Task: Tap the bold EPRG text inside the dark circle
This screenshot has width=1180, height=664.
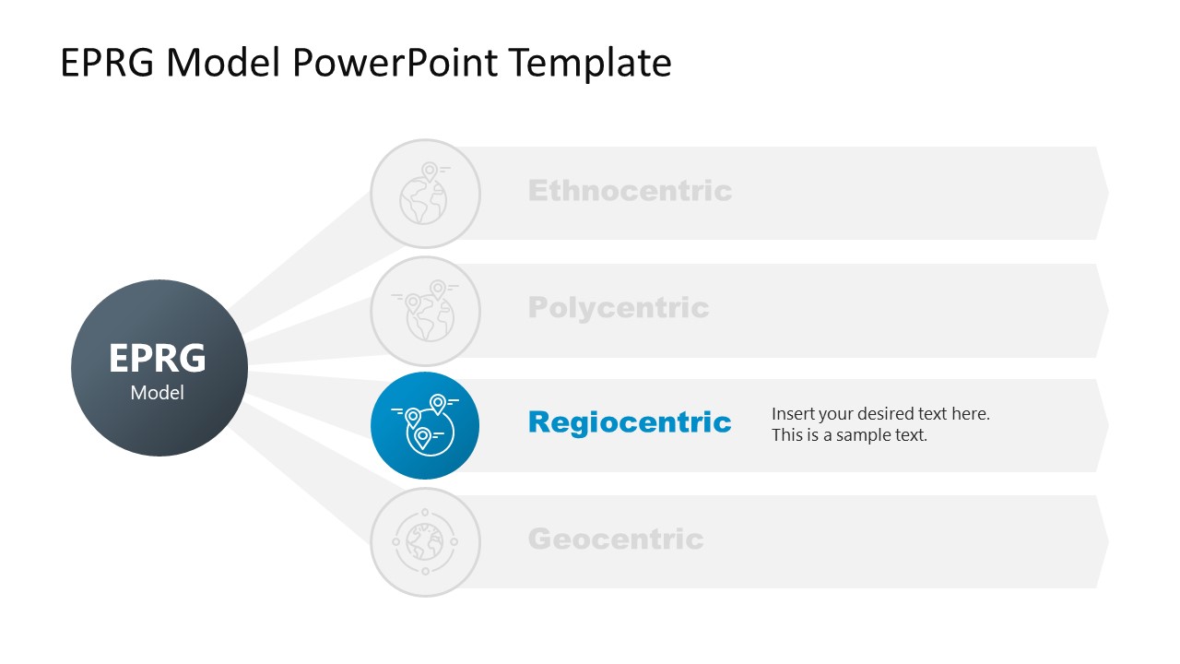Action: (158, 358)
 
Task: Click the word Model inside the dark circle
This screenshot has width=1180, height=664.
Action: (158, 393)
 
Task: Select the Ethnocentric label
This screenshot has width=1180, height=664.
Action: (630, 191)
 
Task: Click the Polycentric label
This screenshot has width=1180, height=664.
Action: (619, 307)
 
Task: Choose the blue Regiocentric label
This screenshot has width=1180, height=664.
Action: (630, 422)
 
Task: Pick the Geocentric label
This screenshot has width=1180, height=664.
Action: (615, 539)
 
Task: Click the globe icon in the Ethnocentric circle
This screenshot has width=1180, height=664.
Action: (423, 200)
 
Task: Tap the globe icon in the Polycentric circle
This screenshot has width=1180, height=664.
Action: (428, 317)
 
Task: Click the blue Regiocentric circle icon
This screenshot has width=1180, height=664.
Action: (425, 426)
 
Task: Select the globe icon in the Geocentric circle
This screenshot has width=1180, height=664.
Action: (425, 541)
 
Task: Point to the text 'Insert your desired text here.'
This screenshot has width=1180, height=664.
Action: (880, 414)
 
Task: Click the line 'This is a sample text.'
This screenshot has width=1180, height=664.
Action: (849, 435)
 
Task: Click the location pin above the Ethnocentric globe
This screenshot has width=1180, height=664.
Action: (429, 171)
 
